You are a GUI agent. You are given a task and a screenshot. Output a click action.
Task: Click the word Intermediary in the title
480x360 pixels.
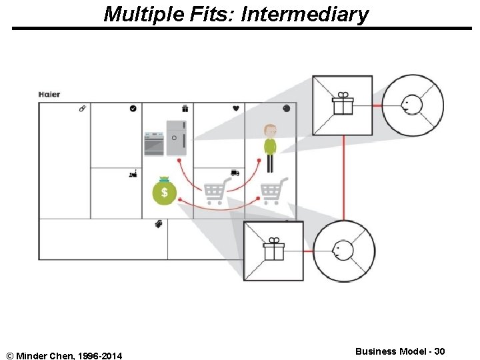click(304, 14)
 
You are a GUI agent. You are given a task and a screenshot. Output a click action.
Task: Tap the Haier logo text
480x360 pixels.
click(49, 94)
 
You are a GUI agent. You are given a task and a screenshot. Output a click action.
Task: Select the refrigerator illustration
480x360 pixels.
click(176, 138)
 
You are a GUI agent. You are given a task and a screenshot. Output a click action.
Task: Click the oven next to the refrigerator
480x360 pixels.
click(154, 143)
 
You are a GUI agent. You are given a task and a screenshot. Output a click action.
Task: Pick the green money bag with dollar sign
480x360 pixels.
click(164, 191)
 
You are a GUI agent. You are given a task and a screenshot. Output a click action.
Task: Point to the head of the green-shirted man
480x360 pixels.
click(269, 130)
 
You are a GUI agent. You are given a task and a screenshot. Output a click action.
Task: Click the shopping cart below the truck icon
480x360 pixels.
click(215, 191)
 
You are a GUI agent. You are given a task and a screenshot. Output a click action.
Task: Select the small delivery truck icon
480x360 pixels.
click(235, 173)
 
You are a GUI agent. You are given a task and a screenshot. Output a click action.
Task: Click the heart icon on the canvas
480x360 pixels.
click(236, 108)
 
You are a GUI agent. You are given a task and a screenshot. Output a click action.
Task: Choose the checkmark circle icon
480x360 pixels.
click(133, 108)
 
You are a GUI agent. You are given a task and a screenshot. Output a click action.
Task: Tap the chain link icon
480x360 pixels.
click(82, 108)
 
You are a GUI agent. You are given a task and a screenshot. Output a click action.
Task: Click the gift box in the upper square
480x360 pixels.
click(343, 104)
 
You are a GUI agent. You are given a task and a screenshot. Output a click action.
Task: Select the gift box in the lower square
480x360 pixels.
click(273, 250)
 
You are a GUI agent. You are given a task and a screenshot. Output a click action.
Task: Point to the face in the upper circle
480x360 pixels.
click(411, 105)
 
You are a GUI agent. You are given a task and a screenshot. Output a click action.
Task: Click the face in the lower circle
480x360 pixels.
click(343, 251)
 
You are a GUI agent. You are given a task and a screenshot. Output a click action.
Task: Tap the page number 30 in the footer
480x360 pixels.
click(439, 351)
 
